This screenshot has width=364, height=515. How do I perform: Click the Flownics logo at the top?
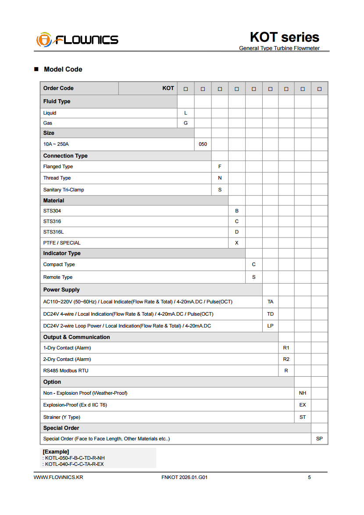click(77, 40)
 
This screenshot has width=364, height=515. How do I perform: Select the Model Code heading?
click(63, 69)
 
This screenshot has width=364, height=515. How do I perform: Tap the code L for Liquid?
click(186, 113)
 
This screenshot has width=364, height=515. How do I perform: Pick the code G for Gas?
click(186, 123)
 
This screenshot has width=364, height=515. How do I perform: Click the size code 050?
click(203, 144)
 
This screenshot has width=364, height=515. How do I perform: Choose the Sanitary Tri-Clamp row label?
click(64, 190)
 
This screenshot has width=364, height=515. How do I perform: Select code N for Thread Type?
click(220, 178)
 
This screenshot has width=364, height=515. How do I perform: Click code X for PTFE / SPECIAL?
click(237, 243)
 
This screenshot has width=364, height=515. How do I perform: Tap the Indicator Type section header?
click(62, 253)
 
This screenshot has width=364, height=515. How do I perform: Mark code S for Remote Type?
click(254, 277)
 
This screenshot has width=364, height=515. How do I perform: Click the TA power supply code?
click(271, 302)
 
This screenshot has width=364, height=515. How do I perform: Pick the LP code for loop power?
click(271, 326)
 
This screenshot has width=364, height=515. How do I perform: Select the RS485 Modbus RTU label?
click(66, 371)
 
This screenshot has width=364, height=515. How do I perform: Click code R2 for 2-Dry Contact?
click(286, 359)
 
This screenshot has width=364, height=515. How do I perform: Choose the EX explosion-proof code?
click(303, 405)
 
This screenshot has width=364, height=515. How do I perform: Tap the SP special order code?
click(319, 439)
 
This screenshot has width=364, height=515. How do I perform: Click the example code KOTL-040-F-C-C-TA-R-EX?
click(75, 464)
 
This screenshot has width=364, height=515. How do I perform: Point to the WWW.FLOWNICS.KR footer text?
click(58, 477)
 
